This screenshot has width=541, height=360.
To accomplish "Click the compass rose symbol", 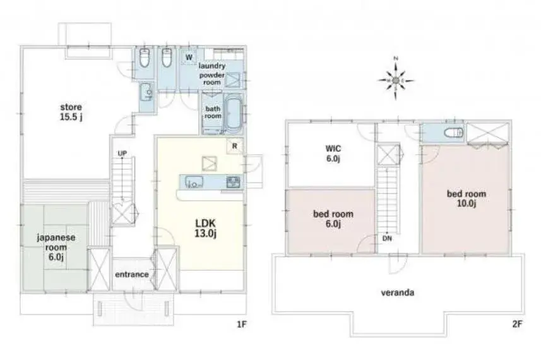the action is point(396,80).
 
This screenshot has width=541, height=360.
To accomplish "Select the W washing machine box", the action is point(189,57).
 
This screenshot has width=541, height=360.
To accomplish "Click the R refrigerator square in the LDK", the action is point(235,146).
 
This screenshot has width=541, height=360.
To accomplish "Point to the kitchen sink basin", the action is point(194,181).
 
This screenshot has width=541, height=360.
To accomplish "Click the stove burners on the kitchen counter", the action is point(233,182).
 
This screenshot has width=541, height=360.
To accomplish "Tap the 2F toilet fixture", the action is point(454,133).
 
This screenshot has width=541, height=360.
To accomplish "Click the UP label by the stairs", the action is point(122,153).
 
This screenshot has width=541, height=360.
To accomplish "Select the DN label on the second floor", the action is point(387,238).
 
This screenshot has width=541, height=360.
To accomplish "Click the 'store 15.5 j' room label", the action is point(71,112).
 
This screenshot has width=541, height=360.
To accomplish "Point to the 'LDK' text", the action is point(205,222).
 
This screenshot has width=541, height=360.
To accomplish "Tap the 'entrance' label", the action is point(132,274).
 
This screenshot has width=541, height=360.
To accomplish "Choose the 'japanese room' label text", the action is point(56,243).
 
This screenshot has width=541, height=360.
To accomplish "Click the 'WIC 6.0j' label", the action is point(333,153).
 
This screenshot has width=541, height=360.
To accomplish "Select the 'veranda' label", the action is point(398,292).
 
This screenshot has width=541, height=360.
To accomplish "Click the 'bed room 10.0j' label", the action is point(467,198).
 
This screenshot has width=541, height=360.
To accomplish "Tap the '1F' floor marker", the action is point(242,324).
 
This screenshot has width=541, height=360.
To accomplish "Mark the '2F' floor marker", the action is point(517,324).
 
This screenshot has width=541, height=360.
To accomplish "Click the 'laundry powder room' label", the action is point(212,73).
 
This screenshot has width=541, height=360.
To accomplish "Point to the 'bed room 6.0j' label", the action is point(333,219).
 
